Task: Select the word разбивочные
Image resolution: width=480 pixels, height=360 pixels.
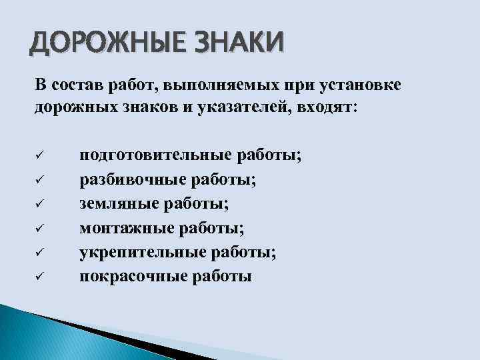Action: (133, 180)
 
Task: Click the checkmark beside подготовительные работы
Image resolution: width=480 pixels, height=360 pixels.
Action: (39, 156)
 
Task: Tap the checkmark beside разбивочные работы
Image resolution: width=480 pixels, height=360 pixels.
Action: (39, 180)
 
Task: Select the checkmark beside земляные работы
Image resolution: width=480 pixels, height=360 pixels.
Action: (39, 204)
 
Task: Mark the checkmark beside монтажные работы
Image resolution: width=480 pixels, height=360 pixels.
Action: (39, 228)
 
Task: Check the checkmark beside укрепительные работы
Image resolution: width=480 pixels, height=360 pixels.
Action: (39, 252)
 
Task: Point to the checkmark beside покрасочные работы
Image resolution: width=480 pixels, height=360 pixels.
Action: (39, 276)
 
